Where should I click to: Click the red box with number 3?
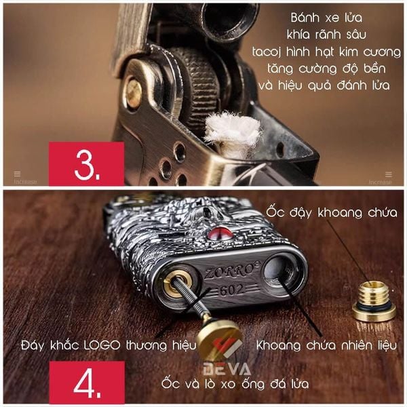tap(86, 163)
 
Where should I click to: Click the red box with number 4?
tap(87, 383)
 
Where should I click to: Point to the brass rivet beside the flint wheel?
tap(134, 94)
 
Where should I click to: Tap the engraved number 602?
tap(232, 290)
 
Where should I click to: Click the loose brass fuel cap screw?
tap(374, 302)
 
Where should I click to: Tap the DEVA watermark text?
tap(227, 369)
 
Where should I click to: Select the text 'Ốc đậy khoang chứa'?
tap(332, 212)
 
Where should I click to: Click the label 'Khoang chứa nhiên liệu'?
tap(326, 345)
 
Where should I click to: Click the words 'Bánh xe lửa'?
tap(326, 18)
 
